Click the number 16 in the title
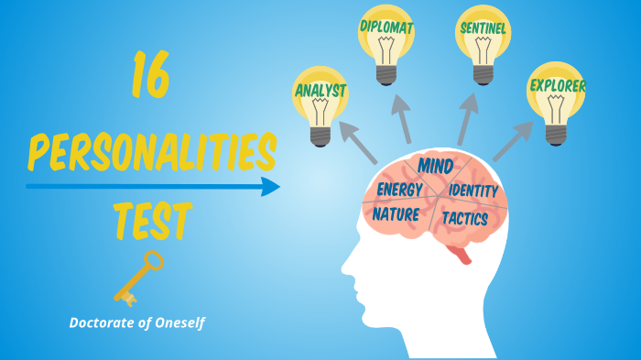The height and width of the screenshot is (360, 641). coord(150,76)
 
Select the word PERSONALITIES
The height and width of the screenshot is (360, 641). coord(151,150)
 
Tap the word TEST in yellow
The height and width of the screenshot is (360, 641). coord(152,221)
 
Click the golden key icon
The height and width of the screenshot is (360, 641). coord(137,278)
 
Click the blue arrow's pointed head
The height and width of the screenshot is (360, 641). coord(271,187)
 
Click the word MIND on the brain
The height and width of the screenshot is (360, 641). coord(436,166)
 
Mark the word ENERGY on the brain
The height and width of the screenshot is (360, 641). coord(399,190)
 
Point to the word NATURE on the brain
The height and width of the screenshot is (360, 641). coord(396,214)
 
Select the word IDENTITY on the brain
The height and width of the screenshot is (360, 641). coord(473,191)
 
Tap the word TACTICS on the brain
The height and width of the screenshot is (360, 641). coord(464,218)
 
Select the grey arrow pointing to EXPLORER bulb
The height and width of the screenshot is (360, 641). coord(513,141)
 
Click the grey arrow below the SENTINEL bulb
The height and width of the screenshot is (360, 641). coord(468,118)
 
